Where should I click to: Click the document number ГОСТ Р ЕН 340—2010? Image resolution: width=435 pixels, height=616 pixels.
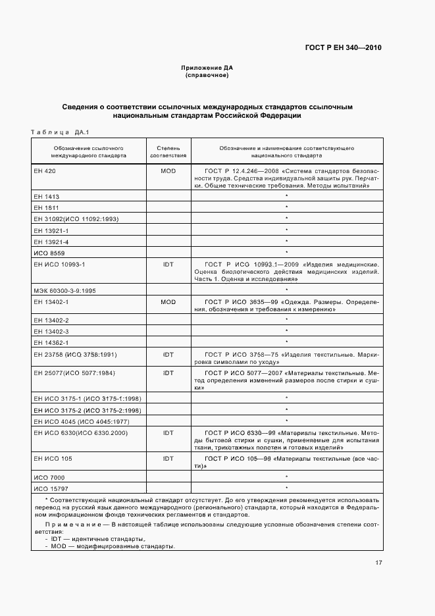coord(344,47)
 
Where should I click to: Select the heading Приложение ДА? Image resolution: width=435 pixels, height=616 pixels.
coord(207,68)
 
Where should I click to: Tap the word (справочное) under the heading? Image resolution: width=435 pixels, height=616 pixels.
coord(207,75)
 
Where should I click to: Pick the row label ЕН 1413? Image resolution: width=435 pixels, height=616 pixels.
coord(46,196)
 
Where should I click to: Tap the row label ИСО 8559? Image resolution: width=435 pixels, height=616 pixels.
coord(49,252)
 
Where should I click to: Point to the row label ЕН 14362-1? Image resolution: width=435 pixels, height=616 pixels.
coord(51,343)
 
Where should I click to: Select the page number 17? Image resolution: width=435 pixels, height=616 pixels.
coord(378,563)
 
